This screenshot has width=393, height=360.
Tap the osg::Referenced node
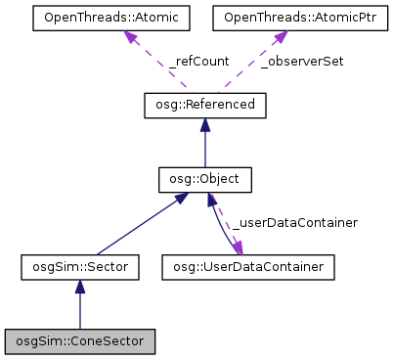click(x=204, y=104)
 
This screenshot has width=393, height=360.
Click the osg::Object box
click(x=204, y=180)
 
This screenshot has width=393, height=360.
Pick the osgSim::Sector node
click(x=80, y=265)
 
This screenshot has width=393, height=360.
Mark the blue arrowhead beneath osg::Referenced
click(x=204, y=123)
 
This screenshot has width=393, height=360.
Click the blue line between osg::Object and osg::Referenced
click(x=204, y=147)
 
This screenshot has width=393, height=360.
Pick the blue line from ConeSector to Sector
click(x=80, y=311)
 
